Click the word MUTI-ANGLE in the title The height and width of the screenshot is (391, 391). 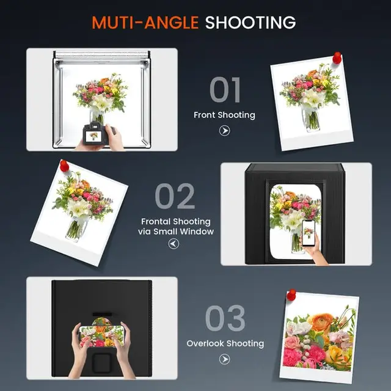[x=145, y=23]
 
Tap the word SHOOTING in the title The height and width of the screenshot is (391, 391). [x=250, y=23]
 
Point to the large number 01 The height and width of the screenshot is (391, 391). [x=225, y=90]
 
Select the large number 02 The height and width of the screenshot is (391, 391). [x=175, y=196]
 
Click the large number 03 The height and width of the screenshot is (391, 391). [x=225, y=318]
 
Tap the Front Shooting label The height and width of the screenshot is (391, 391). [x=224, y=115]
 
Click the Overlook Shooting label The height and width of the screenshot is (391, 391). [x=225, y=343]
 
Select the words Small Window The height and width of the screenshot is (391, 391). [x=183, y=232]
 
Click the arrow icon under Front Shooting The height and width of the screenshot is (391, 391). [x=224, y=130]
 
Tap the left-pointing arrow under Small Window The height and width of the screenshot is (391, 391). [x=174, y=243]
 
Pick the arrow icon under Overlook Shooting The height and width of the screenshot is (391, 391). [x=224, y=359]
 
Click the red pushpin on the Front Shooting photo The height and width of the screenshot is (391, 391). [x=337, y=57]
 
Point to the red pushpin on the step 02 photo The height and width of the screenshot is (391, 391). [x=64, y=166]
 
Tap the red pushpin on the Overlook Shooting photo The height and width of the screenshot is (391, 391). [x=291, y=294]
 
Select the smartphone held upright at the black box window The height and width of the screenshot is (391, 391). [x=309, y=233]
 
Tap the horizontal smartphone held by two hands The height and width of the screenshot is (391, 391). [x=102, y=336]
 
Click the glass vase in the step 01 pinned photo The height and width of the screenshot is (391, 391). [x=311, y=119]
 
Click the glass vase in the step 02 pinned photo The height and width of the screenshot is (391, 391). [x=76, y=230]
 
